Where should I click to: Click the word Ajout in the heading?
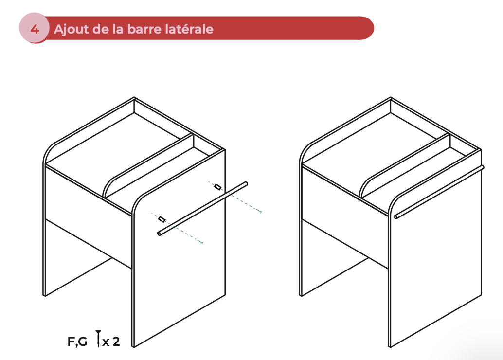(x=68, y=29)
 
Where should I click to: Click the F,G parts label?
(x=77, y=342)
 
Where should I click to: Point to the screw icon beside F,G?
(x=99, y=339)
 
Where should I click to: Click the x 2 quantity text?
(x=111, y=342)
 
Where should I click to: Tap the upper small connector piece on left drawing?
(x=217, y=187)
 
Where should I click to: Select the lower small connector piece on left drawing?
(x=162, y=219)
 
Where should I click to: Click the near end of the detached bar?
(x=160, y=234)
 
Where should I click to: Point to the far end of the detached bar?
(x=246, y=183)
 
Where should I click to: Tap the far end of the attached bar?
(x=482, y=167)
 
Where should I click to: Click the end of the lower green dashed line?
(x=202, y=242)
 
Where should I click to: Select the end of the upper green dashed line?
(x=262, y=212)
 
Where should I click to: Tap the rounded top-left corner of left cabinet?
(x=51, y=148)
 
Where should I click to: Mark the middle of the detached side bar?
(x=203, y=209)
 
